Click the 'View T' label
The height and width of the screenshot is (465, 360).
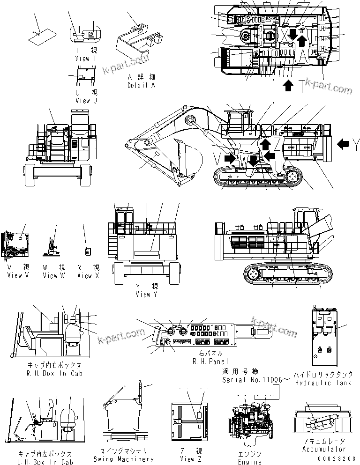85,59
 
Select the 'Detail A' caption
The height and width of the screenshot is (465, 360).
141,86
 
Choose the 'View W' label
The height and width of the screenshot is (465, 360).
53,275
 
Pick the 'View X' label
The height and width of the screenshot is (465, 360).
88,275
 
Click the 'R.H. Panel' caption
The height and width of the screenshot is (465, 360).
210,362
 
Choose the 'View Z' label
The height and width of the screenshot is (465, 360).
190,459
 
